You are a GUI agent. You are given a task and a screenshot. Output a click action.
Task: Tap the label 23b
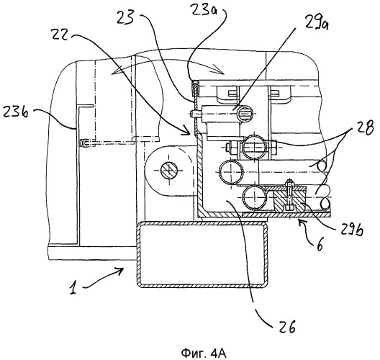[x=16, y=112]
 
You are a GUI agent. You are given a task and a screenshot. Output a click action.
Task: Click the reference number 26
[x=286, y=327]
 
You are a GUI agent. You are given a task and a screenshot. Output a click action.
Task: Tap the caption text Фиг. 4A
[x=204, y=354]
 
